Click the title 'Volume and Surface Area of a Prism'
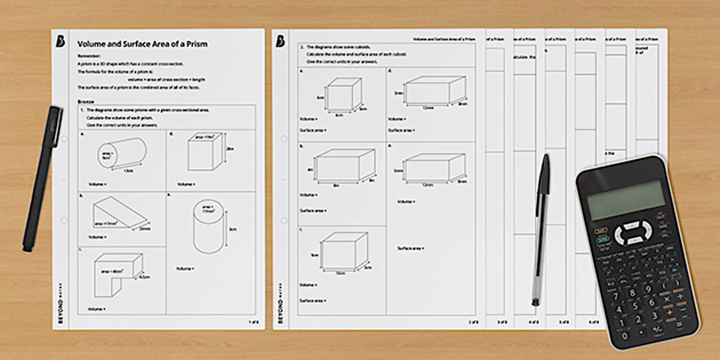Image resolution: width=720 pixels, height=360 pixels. pyautogui.click(x=142, y=43)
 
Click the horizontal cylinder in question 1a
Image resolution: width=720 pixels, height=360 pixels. pyautogui.click(x=121, y=153)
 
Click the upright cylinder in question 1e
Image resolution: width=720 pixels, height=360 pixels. pyautogui.click(x=208, y=226)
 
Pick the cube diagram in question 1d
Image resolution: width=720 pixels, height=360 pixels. pyautogui.click(x=204, y=153)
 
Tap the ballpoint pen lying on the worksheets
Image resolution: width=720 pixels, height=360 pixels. pyautogui.click(x=540, y=229)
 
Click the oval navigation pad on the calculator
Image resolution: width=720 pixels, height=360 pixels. pyautogui.click(x=633, y=233)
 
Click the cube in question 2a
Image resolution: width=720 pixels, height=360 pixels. pyautogui.click(x=343, y=94)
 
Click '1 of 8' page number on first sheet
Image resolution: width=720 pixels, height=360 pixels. pyautogui.click(x=254, y=322)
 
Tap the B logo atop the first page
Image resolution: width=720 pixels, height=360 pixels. pyautogui.click(x=61, y=41)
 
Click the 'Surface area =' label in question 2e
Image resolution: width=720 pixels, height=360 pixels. pyautogui.click(x=410, y=248)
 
